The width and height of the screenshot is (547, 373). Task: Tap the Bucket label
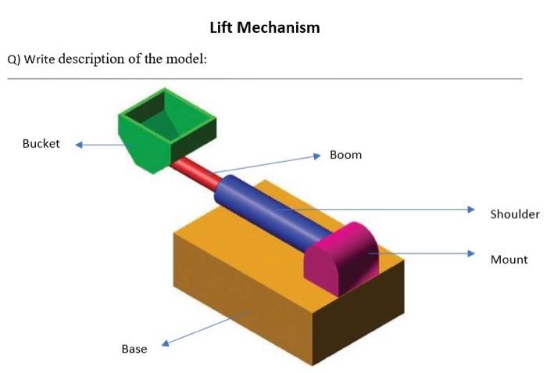(41, 144)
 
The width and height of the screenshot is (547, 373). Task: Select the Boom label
(345, 155)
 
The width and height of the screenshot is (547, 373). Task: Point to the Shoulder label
(514, 214)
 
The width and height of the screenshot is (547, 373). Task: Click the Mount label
(509, 260)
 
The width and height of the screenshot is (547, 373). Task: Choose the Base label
(134, 349)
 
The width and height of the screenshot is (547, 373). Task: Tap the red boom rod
(195, 172)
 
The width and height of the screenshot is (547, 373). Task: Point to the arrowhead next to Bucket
(79, 144)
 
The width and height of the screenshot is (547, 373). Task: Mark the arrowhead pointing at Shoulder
(471, 210)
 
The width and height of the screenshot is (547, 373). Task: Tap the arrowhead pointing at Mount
(471, 253)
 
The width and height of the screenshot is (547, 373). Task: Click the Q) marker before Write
(13, 59)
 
